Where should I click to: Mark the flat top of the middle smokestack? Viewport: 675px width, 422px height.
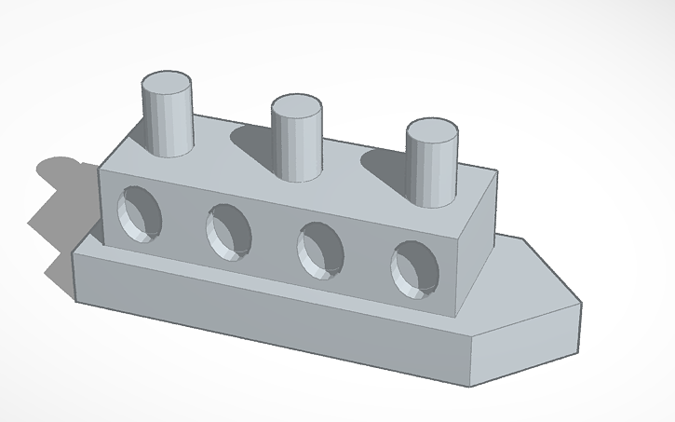(297, 105)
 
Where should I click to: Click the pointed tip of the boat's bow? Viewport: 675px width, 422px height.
(582, 304)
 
